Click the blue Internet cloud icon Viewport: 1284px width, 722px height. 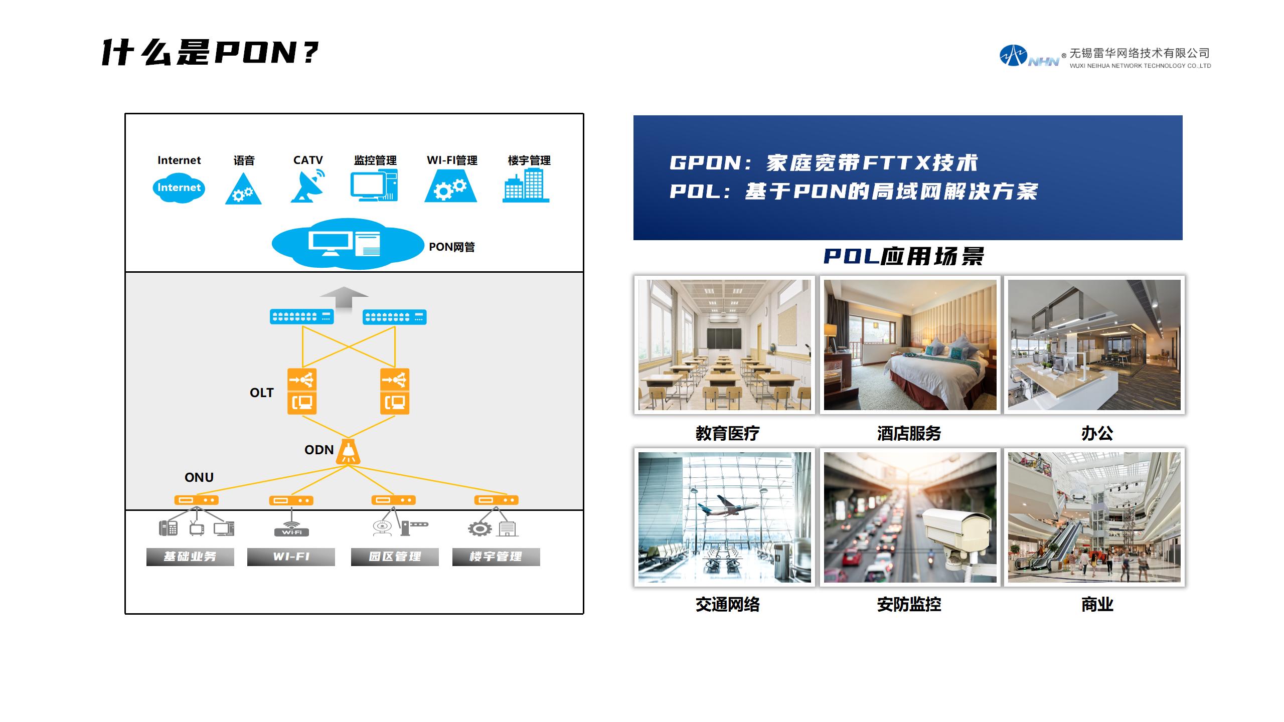tap(179, 188)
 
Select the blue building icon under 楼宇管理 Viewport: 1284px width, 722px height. tap(526, 185)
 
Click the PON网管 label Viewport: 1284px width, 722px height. tap(451, 247)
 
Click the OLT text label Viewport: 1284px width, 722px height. tap(261, 393)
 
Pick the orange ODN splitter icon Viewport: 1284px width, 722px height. tap(348, 451)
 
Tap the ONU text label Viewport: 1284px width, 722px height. tap(199, 477)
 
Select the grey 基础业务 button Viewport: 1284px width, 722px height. tap(190, 557)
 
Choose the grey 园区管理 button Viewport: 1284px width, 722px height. tap(395, 557)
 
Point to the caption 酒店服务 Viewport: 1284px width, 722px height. tap(909, 433)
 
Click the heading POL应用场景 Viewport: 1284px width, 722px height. tap(903, 256)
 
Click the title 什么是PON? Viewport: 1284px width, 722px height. tap(210, 52)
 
